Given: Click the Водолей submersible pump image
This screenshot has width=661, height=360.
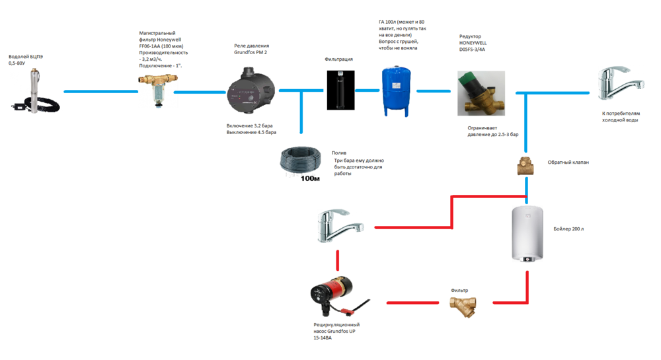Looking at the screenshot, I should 32,90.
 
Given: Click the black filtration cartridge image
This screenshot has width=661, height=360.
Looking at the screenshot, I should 340,90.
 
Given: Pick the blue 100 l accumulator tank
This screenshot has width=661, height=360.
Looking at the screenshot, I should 395,90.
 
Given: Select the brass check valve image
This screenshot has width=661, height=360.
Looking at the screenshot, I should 525,166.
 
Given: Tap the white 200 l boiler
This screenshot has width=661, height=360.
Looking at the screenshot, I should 527,234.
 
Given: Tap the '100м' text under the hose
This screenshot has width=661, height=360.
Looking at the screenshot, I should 310,178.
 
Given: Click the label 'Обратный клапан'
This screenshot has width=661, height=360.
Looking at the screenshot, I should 568,162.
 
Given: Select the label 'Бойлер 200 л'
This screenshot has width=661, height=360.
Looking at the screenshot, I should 568,229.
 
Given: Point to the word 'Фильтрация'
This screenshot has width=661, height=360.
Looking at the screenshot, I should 338,59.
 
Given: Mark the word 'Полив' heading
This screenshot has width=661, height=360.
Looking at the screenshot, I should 338,153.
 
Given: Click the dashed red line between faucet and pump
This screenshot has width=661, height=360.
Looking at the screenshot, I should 338,260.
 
